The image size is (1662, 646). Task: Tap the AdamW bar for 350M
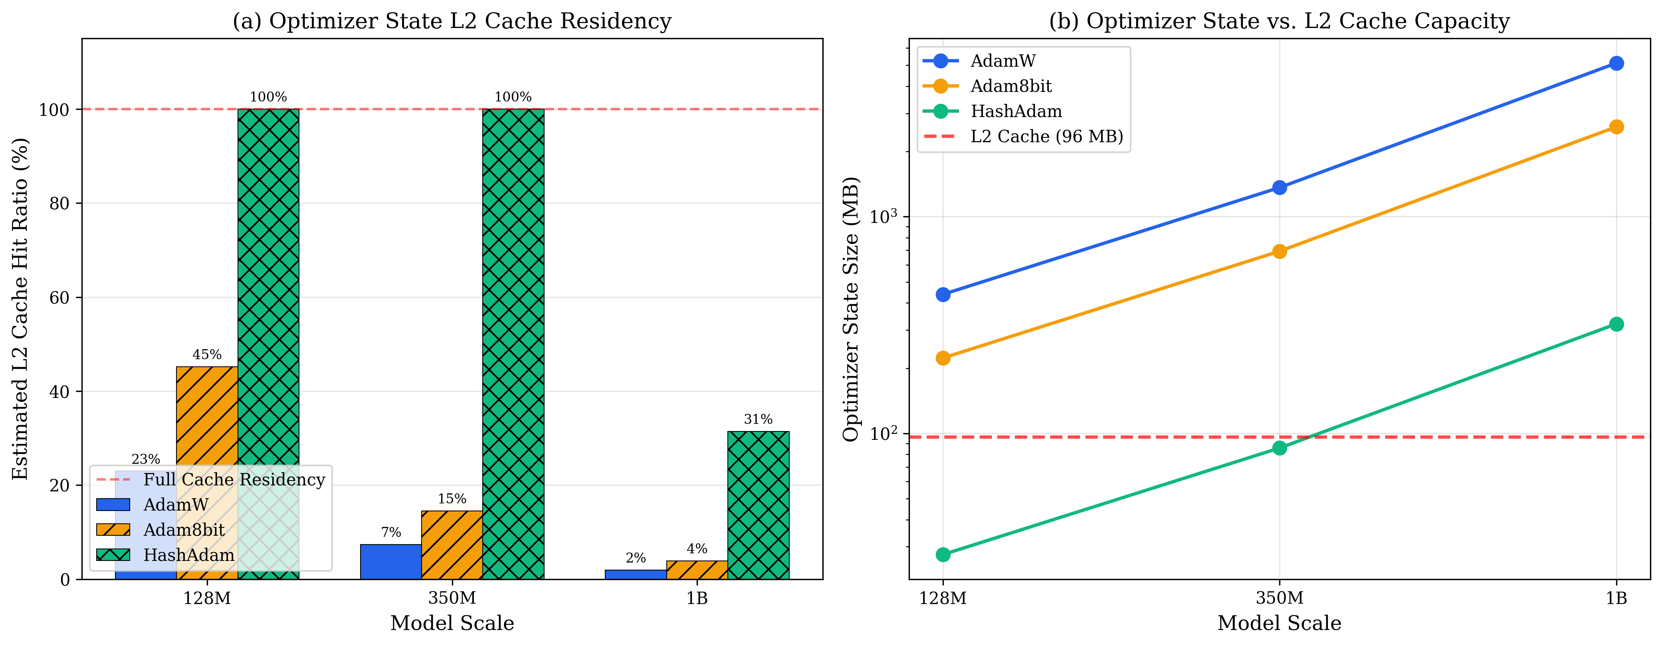pyautogui.click(x=390, y=561)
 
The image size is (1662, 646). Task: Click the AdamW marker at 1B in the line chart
pyautogui.click(x=1616, y=63)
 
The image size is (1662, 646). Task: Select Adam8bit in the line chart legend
pyautogui.click(x=1011, y=86)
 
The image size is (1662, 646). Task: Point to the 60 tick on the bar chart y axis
pyautogui.click(x=59, y=298)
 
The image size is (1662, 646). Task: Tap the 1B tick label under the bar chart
pyautogui.click(x=697, y=598)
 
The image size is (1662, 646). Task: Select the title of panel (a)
pyautogui.click(x=452, y=21)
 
